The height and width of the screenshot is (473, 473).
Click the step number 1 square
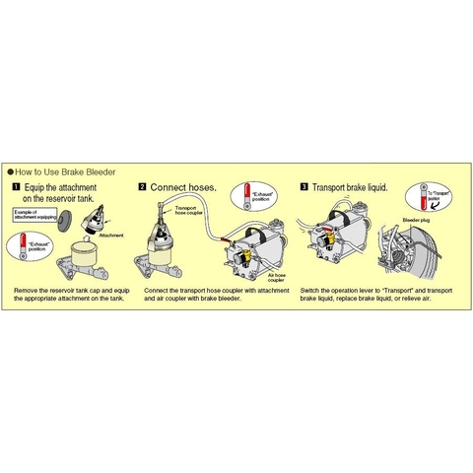tap(16, 185)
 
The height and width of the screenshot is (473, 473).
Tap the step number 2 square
tap(143, 185)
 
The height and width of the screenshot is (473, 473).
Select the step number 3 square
tap(304, 185)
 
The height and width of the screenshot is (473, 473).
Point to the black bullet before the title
tap(11, 170)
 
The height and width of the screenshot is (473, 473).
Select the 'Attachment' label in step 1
tap(110, 237)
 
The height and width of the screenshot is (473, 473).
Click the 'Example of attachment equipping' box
tap(33, 215)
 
